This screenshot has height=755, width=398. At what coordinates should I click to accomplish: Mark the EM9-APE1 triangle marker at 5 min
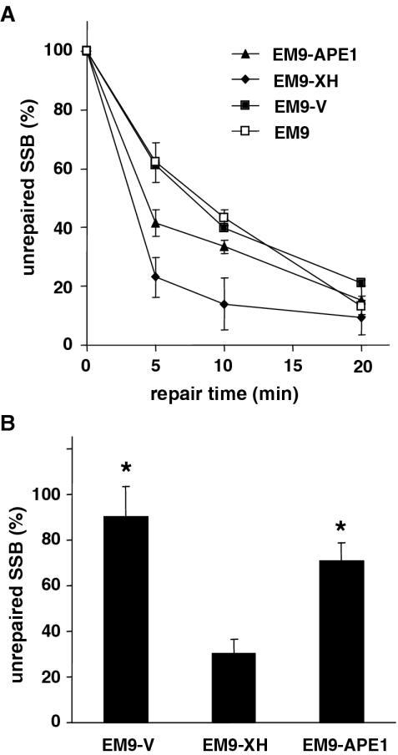click(155, 223)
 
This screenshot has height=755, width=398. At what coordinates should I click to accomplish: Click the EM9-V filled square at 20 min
click(360, 283)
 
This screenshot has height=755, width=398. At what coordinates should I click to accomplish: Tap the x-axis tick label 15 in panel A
click(292, 365)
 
